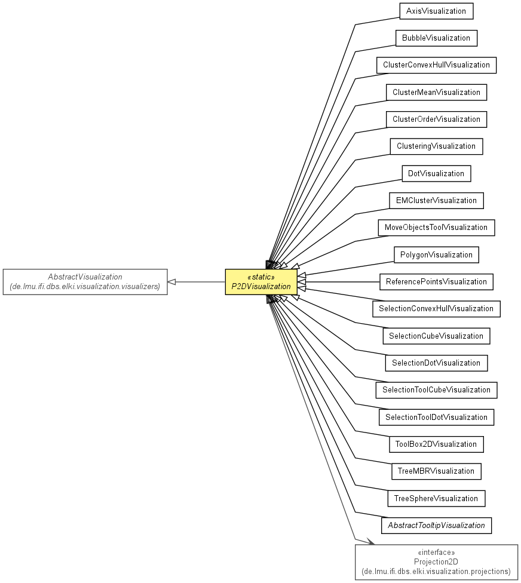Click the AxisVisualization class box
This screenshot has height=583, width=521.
point(436,11)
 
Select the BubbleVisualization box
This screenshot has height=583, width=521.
point(436,38)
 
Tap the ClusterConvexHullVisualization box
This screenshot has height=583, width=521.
point(436,65)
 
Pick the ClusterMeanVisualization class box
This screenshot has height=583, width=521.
point(436,92)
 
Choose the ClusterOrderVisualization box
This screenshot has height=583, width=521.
point(436,119)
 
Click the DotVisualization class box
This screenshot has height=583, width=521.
point(436,174)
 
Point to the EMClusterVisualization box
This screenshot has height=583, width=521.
point(436,201)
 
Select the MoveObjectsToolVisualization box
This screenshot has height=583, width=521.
point(436,228)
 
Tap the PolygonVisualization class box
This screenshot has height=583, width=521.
point(436,254)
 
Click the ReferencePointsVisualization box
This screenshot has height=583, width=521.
point(436,282)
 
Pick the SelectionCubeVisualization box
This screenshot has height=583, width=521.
point(436,336)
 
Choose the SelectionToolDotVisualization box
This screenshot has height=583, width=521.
point(436,417)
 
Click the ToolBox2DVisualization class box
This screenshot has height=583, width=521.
point(436,444)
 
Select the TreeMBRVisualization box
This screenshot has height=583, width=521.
point(436,471)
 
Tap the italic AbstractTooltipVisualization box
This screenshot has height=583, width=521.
point(436,526)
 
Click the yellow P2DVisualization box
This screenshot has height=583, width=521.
point(261,282)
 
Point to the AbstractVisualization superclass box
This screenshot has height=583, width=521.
point(85,282)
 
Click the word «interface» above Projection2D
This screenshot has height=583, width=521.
point(436,552)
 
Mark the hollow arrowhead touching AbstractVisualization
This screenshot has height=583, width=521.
point(172,282)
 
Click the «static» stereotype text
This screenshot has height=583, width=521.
point(261,277)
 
